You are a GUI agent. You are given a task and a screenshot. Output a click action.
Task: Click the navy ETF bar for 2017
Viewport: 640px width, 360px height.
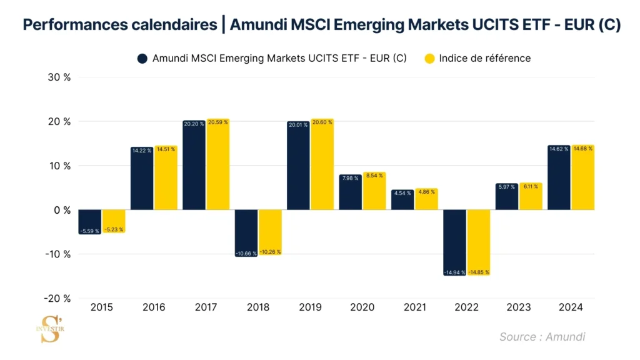pos(194,166)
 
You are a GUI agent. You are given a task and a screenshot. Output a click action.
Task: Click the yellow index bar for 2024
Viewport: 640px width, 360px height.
pos(583,177)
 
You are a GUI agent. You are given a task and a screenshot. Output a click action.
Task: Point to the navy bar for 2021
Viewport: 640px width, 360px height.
pos(402,200)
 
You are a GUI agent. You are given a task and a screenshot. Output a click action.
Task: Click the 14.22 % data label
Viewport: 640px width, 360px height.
pos(142,151)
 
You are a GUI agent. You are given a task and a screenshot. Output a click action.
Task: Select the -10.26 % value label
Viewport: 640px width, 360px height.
pos(270,252)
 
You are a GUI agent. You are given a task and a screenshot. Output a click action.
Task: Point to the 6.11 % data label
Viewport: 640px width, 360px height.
pos(531,186)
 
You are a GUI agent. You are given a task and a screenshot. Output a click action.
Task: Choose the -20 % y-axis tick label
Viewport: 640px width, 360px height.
pos(57,299)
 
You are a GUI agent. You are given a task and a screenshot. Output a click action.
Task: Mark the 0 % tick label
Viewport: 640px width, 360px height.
pos(62,210)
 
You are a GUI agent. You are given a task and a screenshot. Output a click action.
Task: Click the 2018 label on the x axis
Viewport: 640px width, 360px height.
pos(258,307)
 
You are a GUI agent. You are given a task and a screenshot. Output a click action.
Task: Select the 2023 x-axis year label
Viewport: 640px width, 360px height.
pos(519,307)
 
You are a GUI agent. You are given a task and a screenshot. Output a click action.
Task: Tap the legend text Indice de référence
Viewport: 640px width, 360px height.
pos(484,59)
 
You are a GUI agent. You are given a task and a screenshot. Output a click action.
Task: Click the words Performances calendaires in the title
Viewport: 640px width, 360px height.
pos(119,25)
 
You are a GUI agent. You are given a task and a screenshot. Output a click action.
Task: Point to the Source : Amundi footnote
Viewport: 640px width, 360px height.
pos(542,337)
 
